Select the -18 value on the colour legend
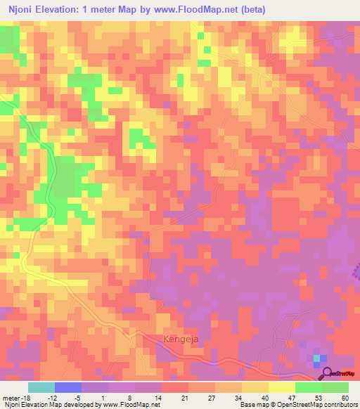[x=25, y=397]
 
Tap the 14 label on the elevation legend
[x=159, y=397]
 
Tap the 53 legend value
[x=319, y=397]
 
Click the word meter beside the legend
[x=10, y=397]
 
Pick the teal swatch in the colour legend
[x=41, y=387]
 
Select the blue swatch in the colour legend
[x=68, y=387]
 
